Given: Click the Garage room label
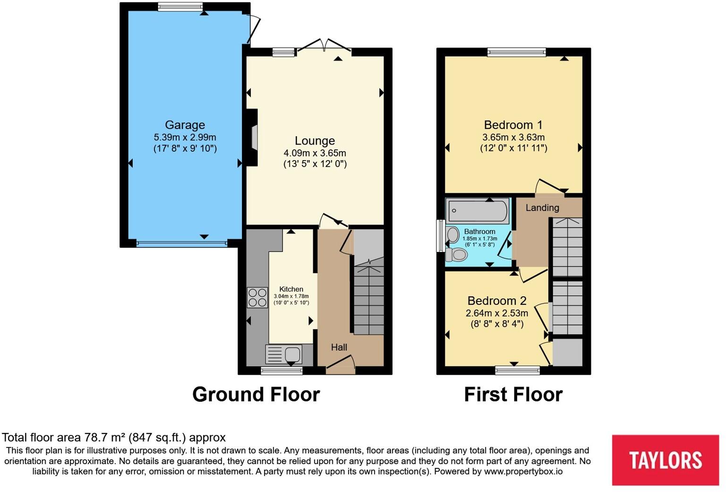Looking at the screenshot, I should [185, 125].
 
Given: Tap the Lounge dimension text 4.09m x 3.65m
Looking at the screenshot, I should [315, 153].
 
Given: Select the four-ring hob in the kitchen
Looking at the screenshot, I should [257, 297].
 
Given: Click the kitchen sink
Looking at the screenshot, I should [284, 354].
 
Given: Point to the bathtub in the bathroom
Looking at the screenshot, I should [478, 210].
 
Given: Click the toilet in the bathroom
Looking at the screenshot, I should [457, 255].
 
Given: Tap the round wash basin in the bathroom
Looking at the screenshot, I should [453, 235].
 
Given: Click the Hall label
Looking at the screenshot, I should [339, 347].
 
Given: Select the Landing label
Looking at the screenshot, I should [542, 207].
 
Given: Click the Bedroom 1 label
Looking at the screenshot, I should [513, 125].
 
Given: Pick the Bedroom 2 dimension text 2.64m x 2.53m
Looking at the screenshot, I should [496, 313].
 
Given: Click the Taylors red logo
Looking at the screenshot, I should [665, 460].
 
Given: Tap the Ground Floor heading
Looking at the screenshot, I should [256, 394].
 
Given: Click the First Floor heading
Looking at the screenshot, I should [513, 394].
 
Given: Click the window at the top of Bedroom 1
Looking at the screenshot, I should [517, 52].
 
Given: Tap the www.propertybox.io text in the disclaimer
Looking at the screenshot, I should [523, 471].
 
